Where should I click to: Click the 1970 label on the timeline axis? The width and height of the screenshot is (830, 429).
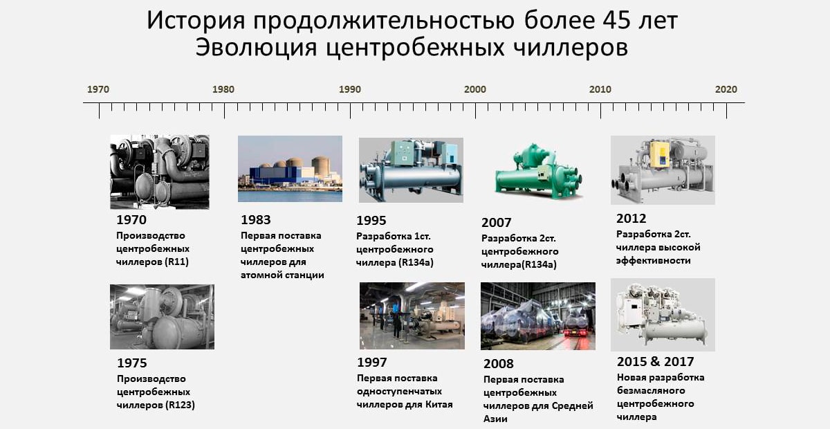click(98, 89)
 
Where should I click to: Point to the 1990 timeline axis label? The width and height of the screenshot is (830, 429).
click(350, 89)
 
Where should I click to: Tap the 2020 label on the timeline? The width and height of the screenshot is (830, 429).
click(726, 89)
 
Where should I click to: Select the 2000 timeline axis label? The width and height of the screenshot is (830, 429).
click(475, 89)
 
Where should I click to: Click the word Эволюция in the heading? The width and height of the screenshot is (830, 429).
click(256, 48)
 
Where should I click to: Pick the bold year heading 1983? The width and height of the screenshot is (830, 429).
click(256, 220)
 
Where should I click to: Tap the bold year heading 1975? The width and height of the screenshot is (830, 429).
click(132, 363)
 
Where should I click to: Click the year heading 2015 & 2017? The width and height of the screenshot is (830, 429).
click(656, 361)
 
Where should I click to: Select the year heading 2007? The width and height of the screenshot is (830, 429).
click(496, 223)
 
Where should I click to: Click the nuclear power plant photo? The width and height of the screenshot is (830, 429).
click(290, 169)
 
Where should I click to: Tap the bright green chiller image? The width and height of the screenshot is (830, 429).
click(538, 172)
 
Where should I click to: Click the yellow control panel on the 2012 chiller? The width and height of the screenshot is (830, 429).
click(658, 154)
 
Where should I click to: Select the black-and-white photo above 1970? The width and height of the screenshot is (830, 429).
click(160, 172)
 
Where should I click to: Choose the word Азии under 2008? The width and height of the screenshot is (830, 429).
click(495, 419)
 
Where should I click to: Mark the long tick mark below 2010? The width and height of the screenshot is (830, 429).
click(600, 111)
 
